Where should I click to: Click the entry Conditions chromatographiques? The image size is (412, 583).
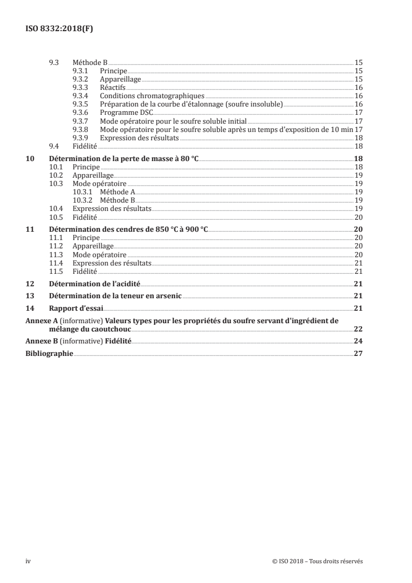[152, 96]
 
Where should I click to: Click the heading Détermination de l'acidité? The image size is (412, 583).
[95, 283]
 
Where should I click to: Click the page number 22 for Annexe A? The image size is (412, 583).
[358, 329]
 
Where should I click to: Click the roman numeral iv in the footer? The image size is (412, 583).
[29, 561]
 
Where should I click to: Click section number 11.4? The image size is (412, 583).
[55, 263]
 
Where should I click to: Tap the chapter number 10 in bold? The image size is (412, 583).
[30, 158]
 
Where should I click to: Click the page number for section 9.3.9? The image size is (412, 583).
[358, 138]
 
